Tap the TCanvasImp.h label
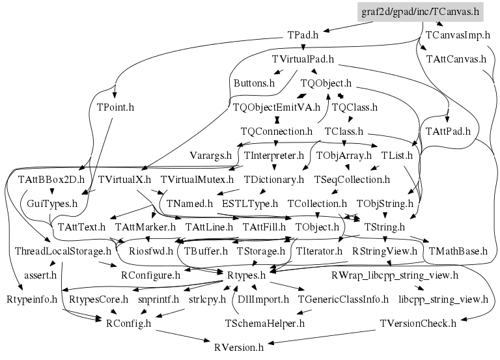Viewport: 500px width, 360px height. click(x=454, y=35)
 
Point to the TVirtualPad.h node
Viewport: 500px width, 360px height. click(x=303, y=59)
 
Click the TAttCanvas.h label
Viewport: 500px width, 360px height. click(x=456, y=59)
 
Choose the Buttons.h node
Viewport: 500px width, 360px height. click(x=254, y=83)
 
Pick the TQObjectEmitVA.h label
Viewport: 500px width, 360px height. click(x=276, y=107)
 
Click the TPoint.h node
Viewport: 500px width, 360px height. click(x=115, y=107)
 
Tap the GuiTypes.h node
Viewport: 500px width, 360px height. click(x=53, y=203)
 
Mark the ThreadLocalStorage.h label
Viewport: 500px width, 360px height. click(x=63, y=251)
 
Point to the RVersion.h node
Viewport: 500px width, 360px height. click(x=239, y=347)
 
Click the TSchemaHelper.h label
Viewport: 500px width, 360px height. click(x=264, y=323)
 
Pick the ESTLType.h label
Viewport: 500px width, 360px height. click(x=249, y=203)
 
